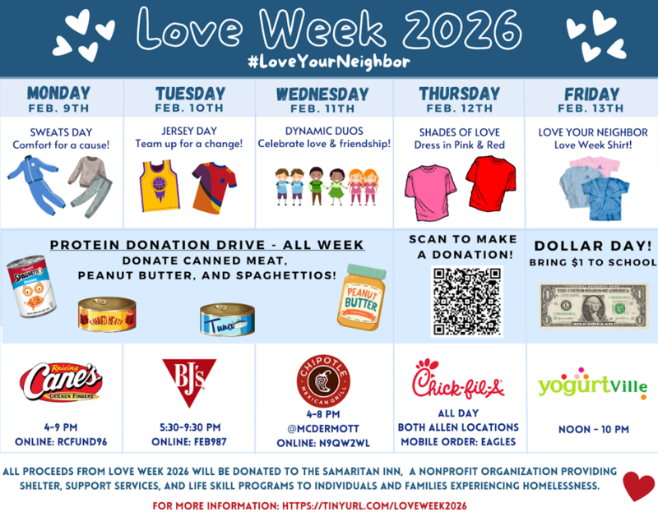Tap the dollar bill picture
tap(593, 305)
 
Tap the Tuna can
tap(226, 317)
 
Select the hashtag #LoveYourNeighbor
tap(329, 62)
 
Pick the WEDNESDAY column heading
tap(322, 94)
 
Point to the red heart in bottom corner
tap(638, 485)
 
